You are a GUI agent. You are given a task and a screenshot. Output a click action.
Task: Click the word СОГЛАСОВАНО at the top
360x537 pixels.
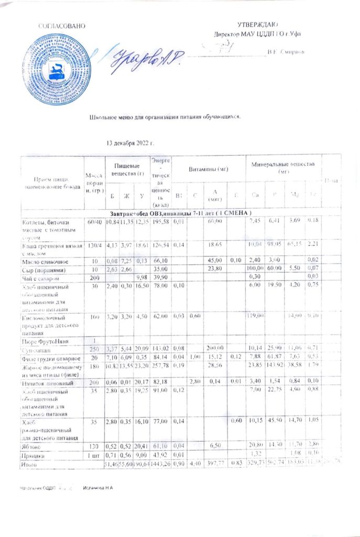[61, 25]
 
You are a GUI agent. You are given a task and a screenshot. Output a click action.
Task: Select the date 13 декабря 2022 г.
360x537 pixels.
[129, 143]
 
